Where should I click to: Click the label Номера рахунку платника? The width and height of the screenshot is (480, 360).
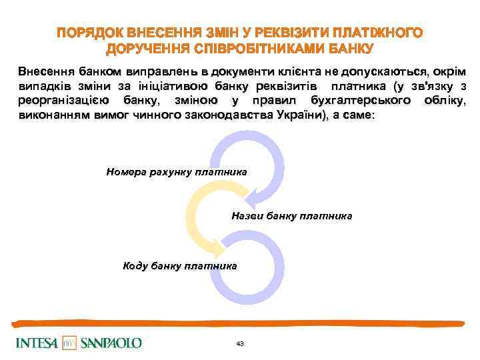[x=177, y=172]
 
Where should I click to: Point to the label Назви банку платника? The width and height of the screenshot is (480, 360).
[x=292, y=217]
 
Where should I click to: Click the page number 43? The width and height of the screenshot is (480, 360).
[x=240, y=343]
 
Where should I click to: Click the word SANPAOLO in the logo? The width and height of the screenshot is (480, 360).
[x=111, y=343]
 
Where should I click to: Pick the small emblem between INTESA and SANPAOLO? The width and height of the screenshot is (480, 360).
[x=70, y=343]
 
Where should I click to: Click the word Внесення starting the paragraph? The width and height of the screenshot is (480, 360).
[x=46, y=71]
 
